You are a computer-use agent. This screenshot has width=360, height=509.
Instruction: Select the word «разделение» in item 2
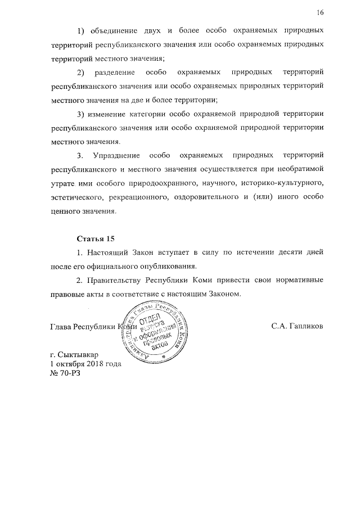115,73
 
